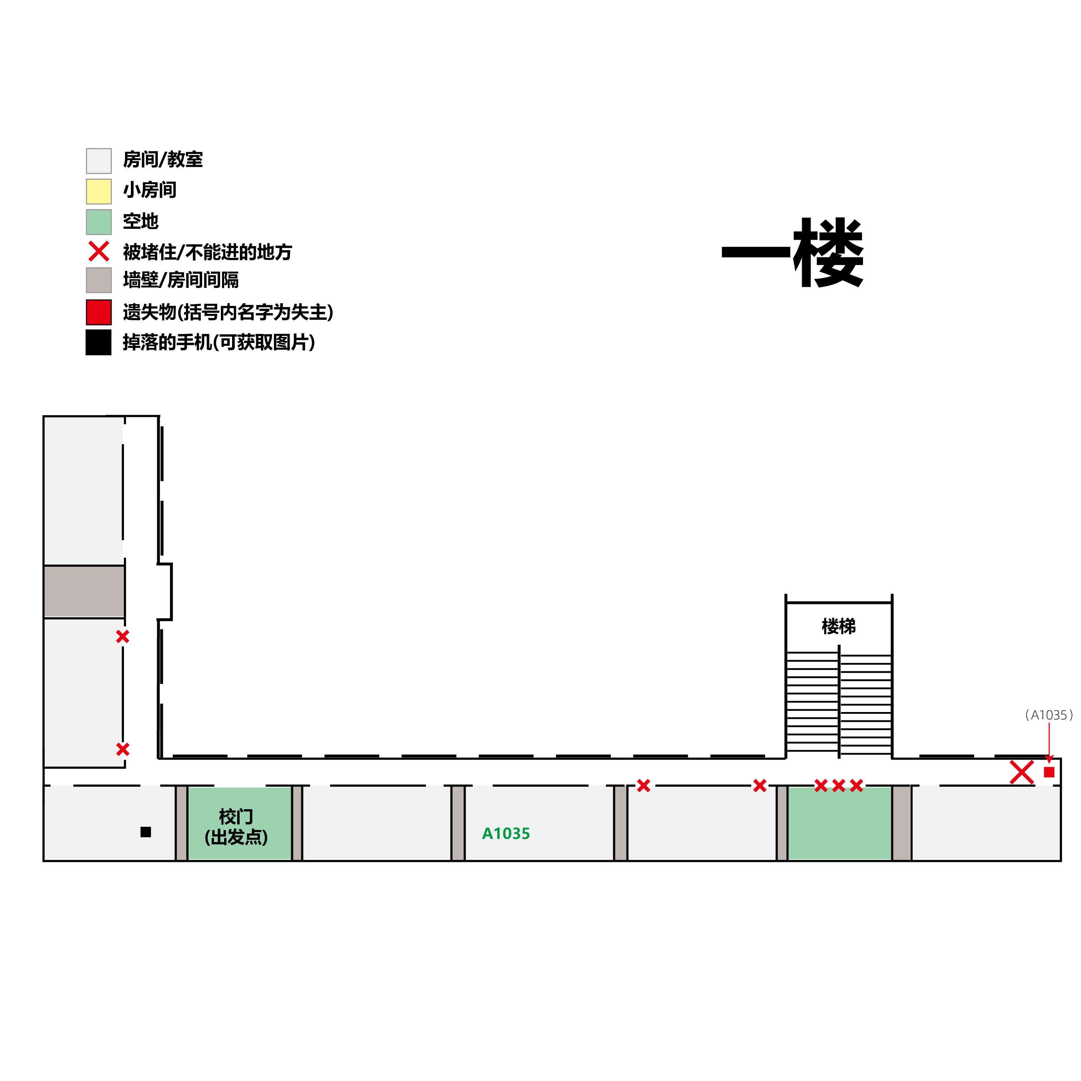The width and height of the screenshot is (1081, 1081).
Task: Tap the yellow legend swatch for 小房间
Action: click(x=98, y=191)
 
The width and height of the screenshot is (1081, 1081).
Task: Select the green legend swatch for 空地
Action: click(x=98, y=222)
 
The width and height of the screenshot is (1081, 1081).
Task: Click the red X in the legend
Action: click(x=98, y=252)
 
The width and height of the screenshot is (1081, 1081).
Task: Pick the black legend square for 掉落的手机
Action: click(x=98, y=342)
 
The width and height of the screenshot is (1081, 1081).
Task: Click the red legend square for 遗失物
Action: click(x=98, y=312)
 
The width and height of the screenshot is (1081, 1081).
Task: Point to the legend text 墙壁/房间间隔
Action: click(x=181, y=280)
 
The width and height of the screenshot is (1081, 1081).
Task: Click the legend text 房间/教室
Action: click(x=163, y=160)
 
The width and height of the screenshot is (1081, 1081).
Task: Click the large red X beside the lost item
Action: click(x=1022, y=773)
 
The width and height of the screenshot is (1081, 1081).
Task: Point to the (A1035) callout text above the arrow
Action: click(x=1049, y=715)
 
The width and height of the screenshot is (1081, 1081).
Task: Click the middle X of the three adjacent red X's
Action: click(x=838, y=786)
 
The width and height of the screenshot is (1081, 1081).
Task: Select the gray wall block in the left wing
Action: click(x=84, y=591)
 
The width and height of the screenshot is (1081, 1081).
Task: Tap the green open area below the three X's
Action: click(x=839, y=823)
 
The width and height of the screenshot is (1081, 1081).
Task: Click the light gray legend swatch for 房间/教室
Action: click(x=98, y=161)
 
